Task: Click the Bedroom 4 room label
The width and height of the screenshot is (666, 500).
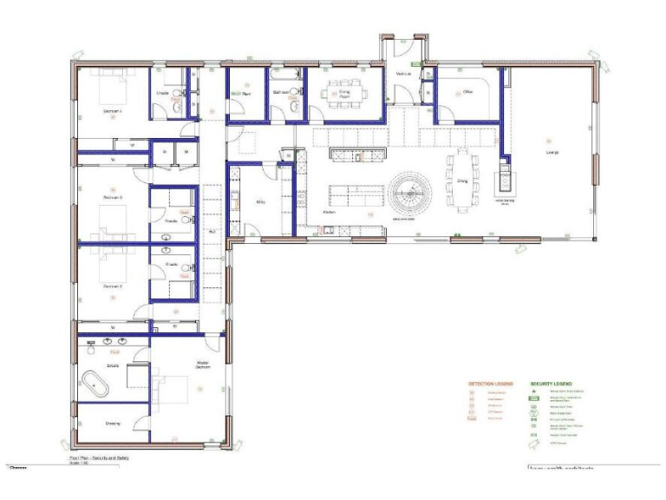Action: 113,111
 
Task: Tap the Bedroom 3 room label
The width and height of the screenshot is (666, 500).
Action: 113,197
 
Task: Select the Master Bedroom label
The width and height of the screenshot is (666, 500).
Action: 203,365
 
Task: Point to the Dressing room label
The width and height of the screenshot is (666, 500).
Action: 113,424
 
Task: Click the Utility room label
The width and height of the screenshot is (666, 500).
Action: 259,202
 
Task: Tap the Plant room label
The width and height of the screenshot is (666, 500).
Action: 246,91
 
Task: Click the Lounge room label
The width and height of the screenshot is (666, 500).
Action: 552,153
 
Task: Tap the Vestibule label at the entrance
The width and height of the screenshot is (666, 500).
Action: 403,75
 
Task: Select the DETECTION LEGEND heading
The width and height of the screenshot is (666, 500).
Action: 491,383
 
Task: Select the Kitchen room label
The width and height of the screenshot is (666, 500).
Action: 329,212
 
